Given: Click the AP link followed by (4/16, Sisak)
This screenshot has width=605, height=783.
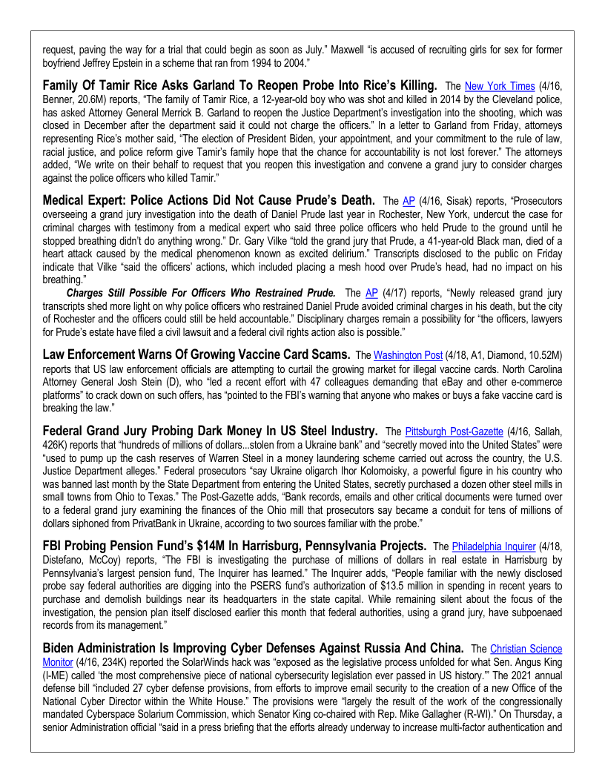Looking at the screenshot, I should coord(408,201).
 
